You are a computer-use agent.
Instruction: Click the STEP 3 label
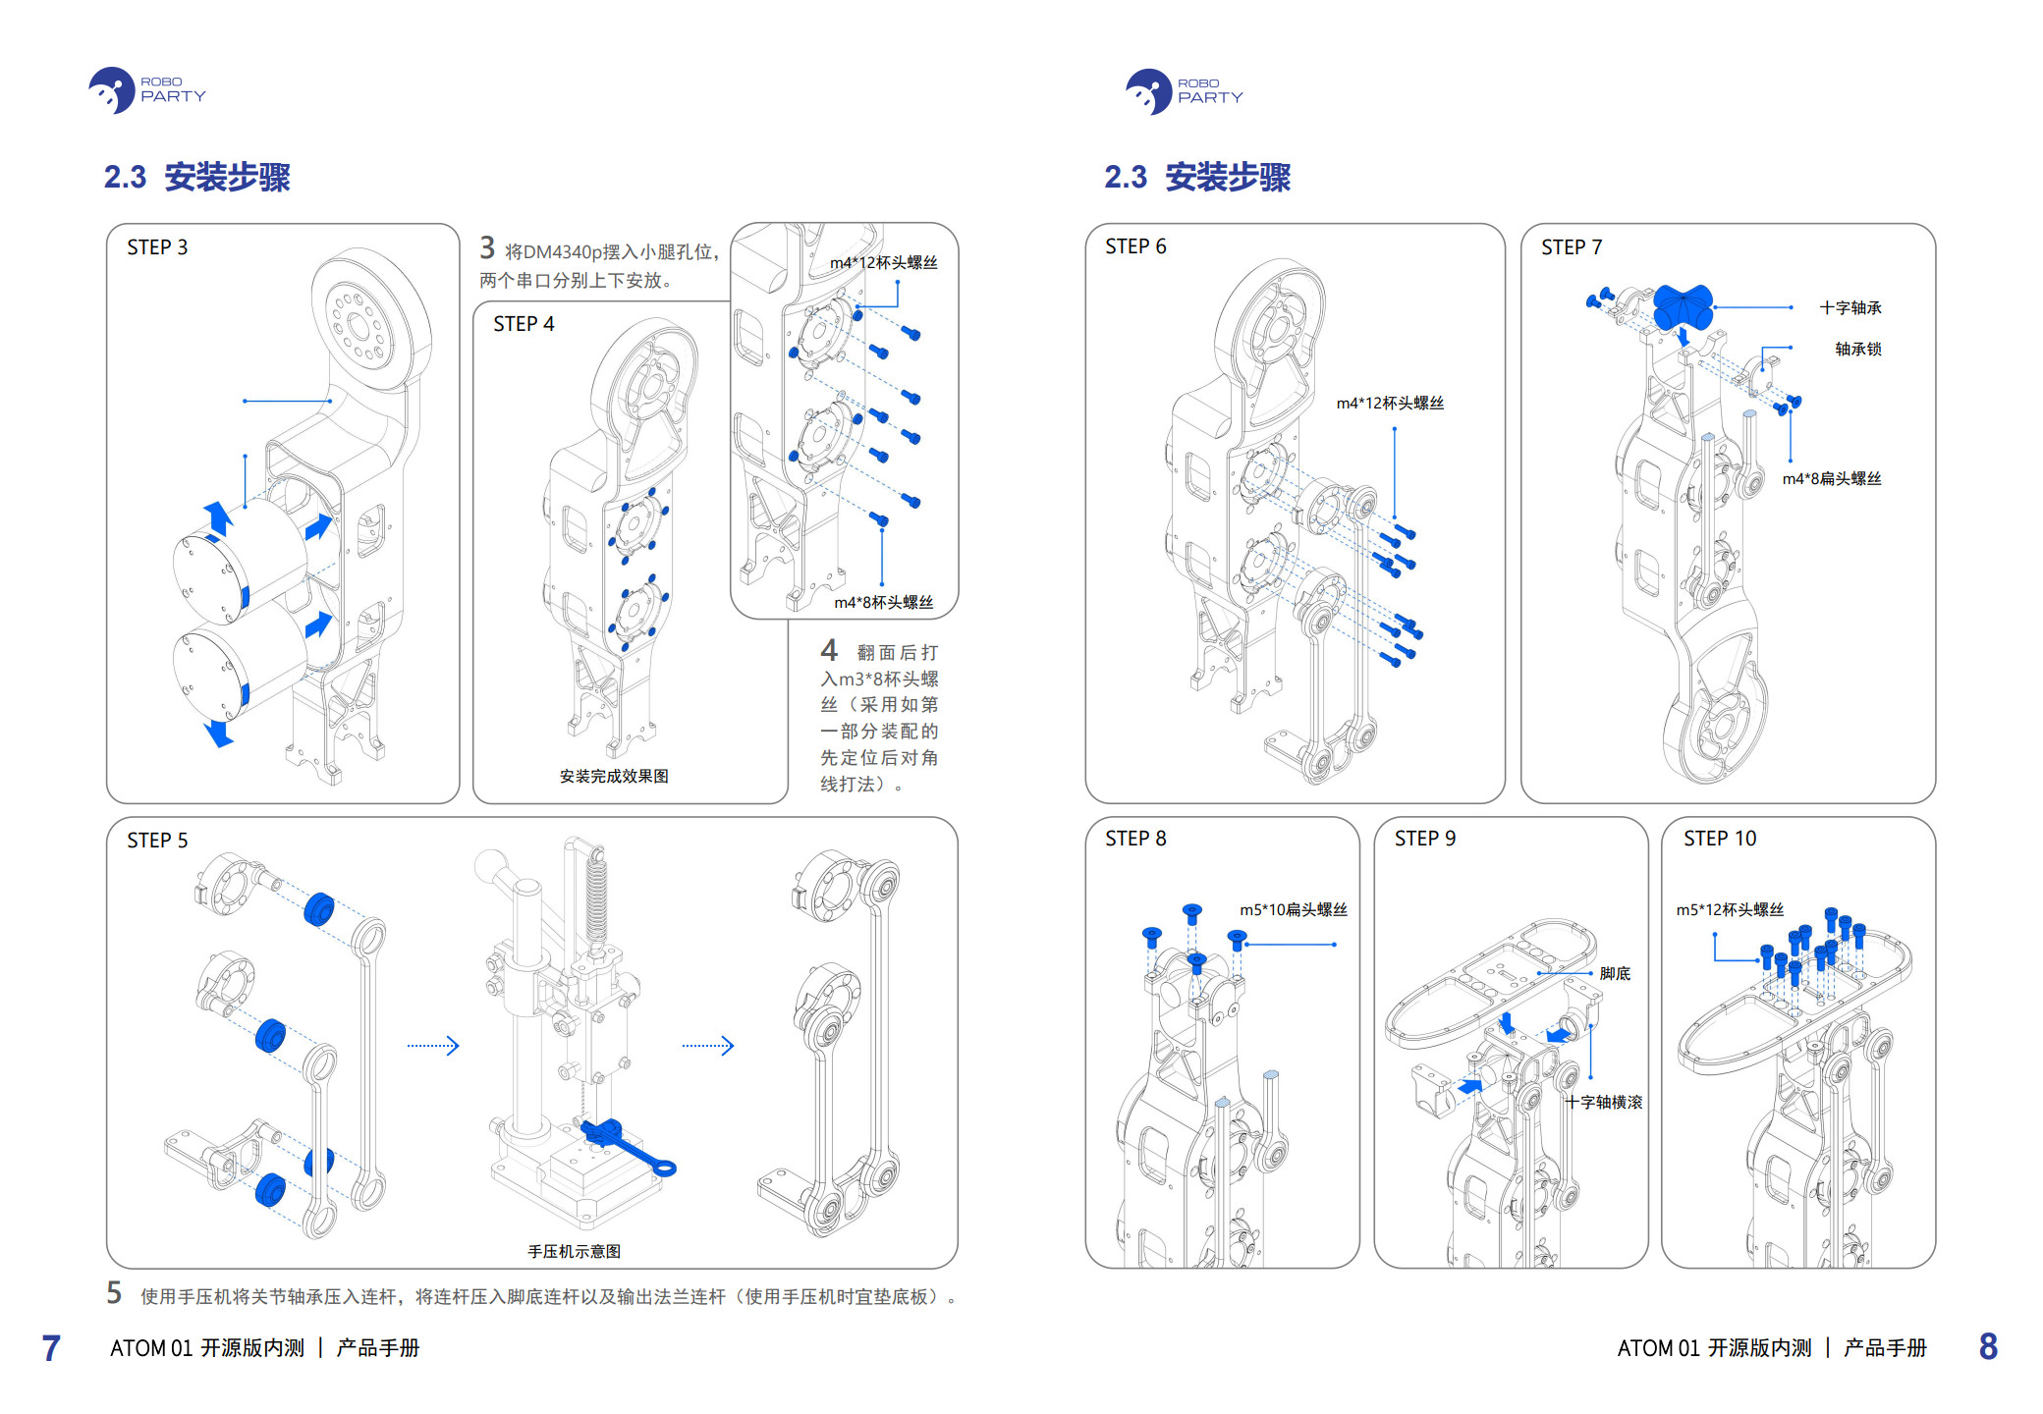157,247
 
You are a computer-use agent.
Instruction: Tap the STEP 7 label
1571,247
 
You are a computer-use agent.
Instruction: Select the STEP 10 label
1719,839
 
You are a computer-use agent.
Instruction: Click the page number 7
51,1348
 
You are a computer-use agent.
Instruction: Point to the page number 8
1988,1346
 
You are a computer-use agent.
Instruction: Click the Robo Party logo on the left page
146,90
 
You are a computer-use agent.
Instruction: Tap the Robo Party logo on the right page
1184,91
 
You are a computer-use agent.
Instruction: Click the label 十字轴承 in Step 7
1850,308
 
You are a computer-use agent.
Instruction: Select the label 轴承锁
1858,350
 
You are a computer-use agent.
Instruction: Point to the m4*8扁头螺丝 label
1832,479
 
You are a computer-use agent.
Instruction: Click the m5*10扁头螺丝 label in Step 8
1294,910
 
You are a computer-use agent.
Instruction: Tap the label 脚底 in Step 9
1615,973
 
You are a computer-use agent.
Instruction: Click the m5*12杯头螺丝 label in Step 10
1730,910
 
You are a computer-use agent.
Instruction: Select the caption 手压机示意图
575,1251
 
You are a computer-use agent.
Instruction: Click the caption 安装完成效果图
614,777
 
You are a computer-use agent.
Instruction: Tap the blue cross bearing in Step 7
1684,306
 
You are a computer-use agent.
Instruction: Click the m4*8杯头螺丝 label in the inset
883,603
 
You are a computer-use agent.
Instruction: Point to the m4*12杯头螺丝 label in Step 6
1390,404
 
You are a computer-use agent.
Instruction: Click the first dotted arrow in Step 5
433,1046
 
